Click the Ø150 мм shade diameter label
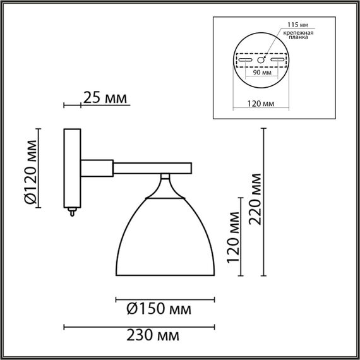[159, 309]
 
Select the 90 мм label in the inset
[261, 72]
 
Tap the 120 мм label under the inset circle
[261, 103]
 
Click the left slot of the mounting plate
[246, 59]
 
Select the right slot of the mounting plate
[277, 59]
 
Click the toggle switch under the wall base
[72, 212]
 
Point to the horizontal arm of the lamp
[152, 167]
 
